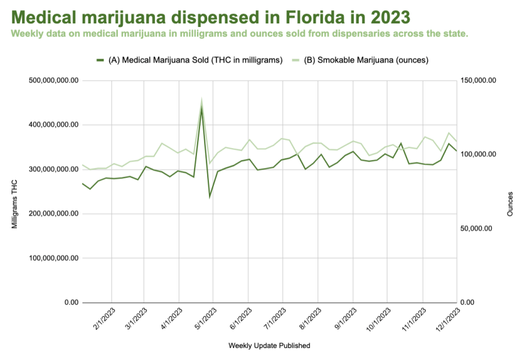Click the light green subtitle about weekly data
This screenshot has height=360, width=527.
coord(240,33)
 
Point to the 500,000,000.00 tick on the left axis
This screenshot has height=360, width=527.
coord(54,80)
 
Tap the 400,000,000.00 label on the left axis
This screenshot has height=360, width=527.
coord(54,125)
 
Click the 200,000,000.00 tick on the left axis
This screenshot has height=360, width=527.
coord(54,214)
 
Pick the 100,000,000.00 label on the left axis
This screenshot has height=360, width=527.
coord(54,258)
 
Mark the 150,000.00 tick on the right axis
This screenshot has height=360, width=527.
coord(478,80)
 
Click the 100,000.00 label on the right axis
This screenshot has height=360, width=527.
coord(478,155)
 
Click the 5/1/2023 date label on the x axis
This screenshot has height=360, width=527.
coord(205,319)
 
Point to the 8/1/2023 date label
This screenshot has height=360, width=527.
coord(310,319)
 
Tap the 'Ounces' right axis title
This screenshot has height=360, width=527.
coord(510,204)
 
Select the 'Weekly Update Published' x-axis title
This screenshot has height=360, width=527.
coord(269,346)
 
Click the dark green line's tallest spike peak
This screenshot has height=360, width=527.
coord(202,107)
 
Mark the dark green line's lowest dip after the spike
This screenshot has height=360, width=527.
coord(210,197)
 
